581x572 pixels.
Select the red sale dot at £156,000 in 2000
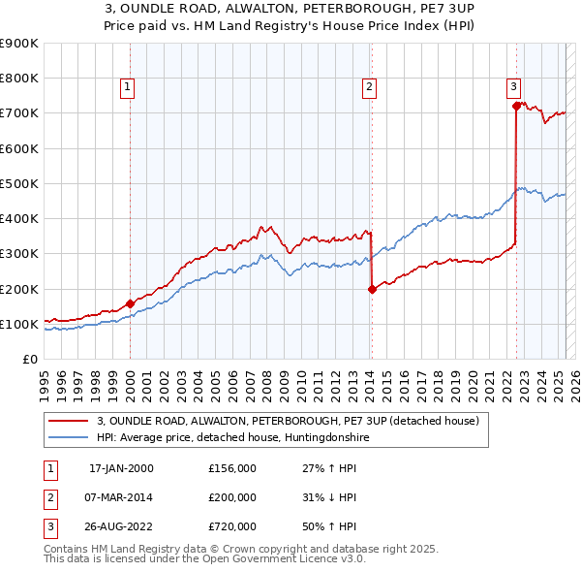[131, 303]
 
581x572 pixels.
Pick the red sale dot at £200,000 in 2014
[372, 288]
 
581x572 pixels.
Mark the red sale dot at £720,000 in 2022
[517, 106]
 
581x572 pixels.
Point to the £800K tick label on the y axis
[19, 78]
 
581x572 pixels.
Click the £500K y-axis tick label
[19, 183]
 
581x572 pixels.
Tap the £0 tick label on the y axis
[30, 359]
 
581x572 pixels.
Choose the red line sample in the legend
[68, 421]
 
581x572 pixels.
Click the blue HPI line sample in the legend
[68, 437]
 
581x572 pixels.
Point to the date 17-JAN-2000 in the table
[121, 468]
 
